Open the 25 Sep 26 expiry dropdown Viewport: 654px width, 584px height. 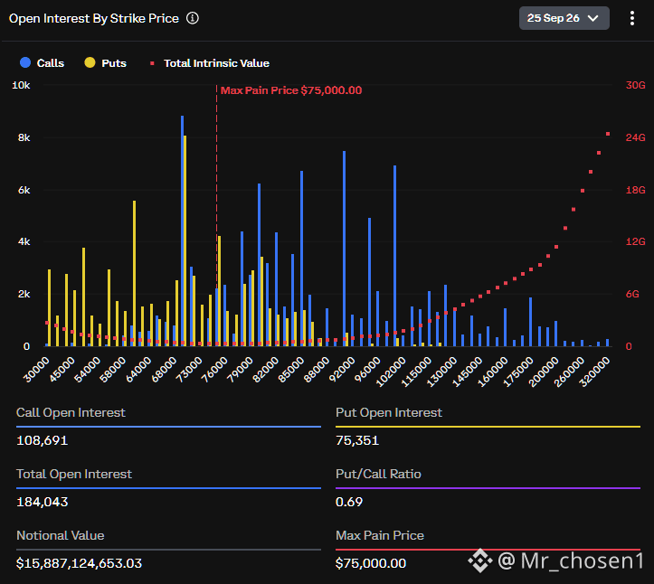pyautogui.click(x=564, y=18)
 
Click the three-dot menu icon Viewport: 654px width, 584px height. pyautogui.click(x=632, y=18)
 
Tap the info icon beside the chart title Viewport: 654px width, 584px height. pyautogui.click(x=193, y=18)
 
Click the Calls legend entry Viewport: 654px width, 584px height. pyautogui.click(x=43, y=63)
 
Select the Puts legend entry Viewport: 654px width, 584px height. pyautogui.click(x=106, y=63)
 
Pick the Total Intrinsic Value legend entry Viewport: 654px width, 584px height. pyautogui.click(x=210, y=63)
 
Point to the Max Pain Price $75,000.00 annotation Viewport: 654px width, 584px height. pyautogui.click(x=291, y=90)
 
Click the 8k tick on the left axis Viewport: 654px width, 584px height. pyautogui.click(x=24, y=138)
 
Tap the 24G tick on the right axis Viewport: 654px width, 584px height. pyautogui.click(x=635, y=137)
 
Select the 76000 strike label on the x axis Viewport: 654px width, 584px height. pyautogui.click(x=214, y=370)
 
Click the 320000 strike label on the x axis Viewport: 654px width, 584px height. pyautogui.click(x=595, y=372)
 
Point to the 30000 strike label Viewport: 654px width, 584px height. pyautogui.click(x=36, y=370)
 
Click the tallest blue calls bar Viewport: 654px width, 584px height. pyautogui.click(x=182, y=231)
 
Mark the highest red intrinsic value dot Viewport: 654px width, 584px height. pyautogui.click(x=608, y=134)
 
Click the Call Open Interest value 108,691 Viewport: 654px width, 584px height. pyautogui.click(x=43, y=440)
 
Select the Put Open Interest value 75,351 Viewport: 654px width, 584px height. pyautogui.click(x=357, y=440)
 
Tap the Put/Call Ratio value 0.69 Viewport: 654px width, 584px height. pyautogui.click(x=349, y=502)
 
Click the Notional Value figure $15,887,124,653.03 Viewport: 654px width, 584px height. pyautogui.click(x=80, y=563)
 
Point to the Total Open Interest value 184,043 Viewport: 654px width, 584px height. pyautogui.click(x=43, y=502)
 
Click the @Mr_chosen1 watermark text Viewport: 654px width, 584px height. pyautogui.click(x=571, y=560)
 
